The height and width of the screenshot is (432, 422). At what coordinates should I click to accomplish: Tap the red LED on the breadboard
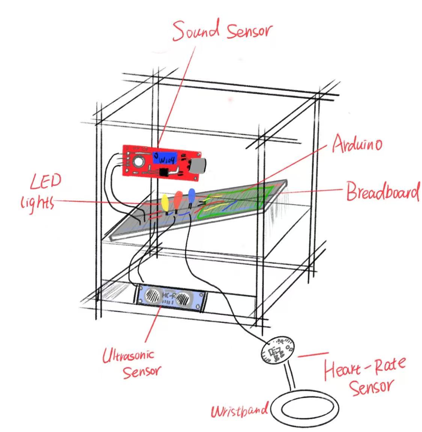coord(178,199)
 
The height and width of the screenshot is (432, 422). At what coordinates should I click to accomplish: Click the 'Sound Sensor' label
coord(222,31)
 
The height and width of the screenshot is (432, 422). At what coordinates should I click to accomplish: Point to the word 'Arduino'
coord(357,144)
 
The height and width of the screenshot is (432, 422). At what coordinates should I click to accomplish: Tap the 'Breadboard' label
coord(382,192)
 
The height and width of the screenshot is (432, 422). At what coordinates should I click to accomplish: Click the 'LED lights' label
coord(39,192)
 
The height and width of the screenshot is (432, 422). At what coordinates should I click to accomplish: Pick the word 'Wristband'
coord(240,411)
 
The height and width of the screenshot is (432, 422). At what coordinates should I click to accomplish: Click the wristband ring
coord(304,409)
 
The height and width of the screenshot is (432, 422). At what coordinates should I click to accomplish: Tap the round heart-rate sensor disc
coord(277,350)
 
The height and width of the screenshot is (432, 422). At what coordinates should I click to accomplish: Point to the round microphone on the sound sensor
coord(139,162)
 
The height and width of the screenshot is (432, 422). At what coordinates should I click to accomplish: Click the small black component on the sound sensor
coord(163,172)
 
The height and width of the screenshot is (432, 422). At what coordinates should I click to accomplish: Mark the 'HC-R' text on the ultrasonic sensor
coord(167,297)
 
